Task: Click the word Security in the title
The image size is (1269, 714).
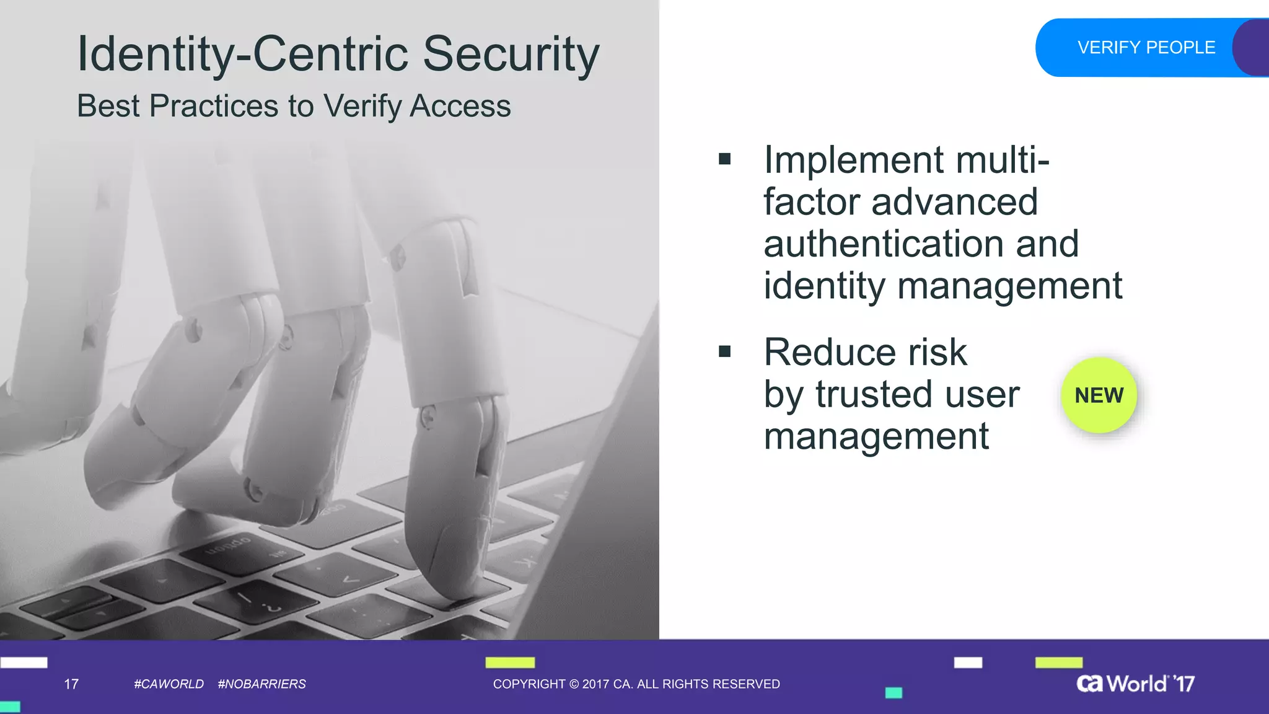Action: point(511,55)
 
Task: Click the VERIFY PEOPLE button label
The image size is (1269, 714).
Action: point(1146,48)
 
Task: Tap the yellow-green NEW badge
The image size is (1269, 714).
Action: point(1099,395)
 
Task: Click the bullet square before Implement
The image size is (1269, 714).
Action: point(724,160)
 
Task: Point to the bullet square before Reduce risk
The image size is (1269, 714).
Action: point(724,352)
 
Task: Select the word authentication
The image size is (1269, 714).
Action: point(884,244)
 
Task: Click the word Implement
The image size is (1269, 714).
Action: point(854,160)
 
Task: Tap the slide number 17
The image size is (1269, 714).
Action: point(71,684)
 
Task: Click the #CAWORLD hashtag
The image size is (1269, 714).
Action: point(169,684)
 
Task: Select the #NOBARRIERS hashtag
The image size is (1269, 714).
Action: point(261,684)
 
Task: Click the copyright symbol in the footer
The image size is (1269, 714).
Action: point(574,684)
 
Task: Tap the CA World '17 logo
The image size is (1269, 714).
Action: point(1135,683)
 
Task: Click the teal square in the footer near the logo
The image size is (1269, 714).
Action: point(894,693)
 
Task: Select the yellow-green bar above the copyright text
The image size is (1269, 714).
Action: point(510,663)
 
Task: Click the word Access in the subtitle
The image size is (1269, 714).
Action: point(460,106)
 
